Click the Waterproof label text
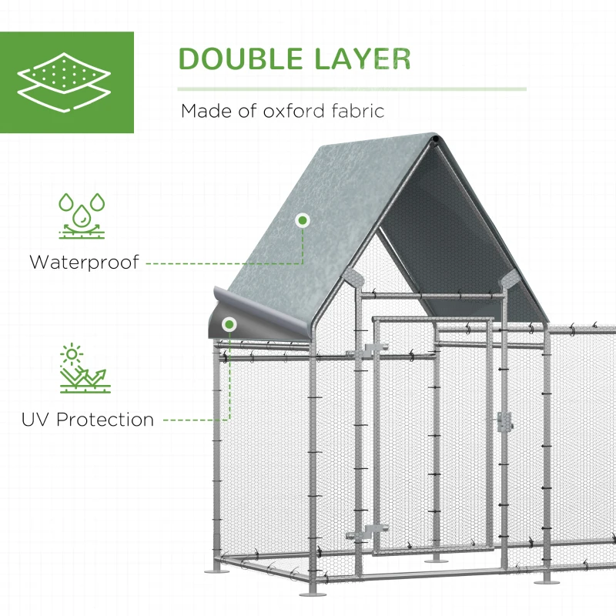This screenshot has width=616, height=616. coord(85,262)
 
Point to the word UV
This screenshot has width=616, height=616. coord(36,420)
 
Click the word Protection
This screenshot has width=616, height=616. coord(105,420)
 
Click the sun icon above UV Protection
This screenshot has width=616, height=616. coord(72,355)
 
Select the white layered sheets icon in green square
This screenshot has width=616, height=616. coord(67,82)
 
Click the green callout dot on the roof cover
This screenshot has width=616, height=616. coord(303,220)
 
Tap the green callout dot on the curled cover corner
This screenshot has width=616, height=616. coord(229,324)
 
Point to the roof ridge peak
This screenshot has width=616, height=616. coord(436,139)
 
